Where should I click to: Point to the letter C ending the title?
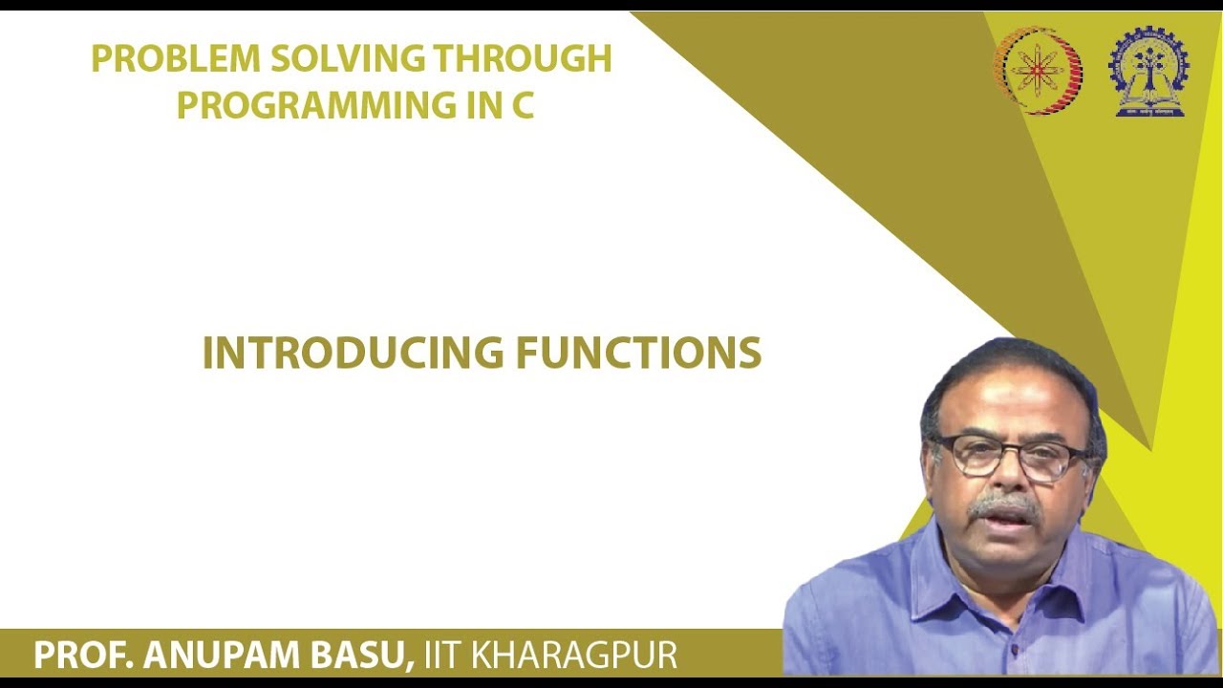click(521, 105)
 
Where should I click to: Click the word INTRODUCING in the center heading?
click(353, 354)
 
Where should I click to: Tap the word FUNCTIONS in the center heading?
click(638, 354)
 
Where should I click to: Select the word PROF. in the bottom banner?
click(84, 656)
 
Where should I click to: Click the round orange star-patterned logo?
click(1038, 71)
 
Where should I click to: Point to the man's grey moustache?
click(1003, 505)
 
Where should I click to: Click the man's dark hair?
click(1003, 368)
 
